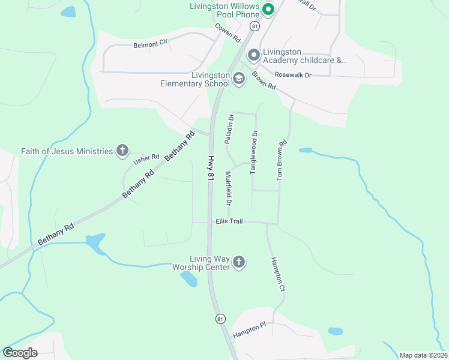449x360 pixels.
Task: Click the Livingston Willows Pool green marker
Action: click(268, 9)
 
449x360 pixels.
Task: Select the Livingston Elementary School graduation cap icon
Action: click(239, 79)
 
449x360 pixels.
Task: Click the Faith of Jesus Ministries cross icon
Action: click(122, 151)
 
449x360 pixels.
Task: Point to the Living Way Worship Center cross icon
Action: click(239, 262)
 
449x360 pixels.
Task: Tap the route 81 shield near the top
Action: click(255, 26)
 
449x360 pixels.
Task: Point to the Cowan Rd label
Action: click(228, 33)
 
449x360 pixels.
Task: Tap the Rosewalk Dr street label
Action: click(293, 75)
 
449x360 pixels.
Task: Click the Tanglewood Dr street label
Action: click(254, 152)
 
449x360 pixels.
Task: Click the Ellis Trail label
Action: click(229, 221)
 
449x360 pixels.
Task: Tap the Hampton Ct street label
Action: click(277, 274)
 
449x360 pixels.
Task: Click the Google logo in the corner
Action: click(20, 353)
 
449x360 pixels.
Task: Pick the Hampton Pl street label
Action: click(249, 329)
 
